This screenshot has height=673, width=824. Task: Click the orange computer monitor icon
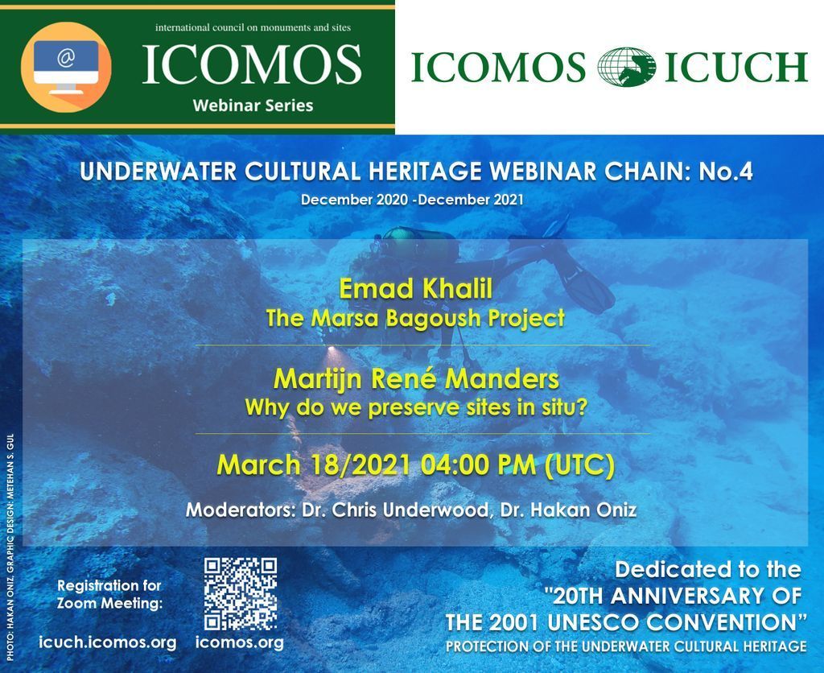pos(66,67)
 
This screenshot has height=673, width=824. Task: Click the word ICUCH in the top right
pos(735,68)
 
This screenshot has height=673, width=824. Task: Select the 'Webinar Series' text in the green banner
pos(253,105)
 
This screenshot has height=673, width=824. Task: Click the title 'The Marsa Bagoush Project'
pos(415,319)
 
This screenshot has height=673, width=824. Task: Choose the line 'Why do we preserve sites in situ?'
pos(416,408)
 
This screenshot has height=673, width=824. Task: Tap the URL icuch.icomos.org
pos(107,642)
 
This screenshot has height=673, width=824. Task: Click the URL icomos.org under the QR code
pos(239,642)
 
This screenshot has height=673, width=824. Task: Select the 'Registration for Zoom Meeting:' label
pos(109,594)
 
